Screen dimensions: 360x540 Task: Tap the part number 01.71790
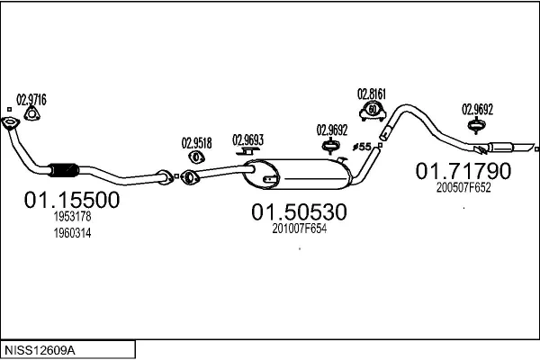[463, 170]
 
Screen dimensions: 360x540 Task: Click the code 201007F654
[299, 229]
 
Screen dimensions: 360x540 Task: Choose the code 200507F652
[463, 188]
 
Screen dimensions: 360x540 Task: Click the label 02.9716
[31, 98]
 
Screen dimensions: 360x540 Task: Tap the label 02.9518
[196, 141]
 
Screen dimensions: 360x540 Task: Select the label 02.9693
[248, 139]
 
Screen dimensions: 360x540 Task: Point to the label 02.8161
[371, 93]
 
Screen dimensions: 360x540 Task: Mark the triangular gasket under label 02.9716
[32, 112]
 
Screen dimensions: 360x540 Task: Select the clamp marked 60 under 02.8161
[371, 111]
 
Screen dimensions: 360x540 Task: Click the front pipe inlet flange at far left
[10, 123]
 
